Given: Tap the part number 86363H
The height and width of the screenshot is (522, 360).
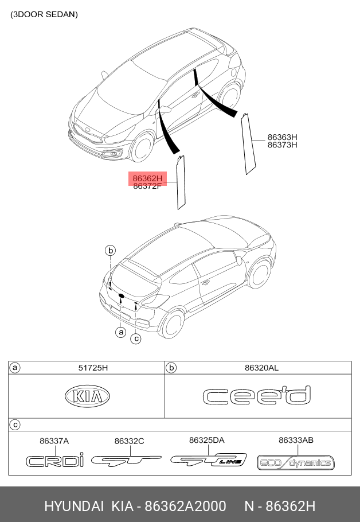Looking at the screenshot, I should point(282,137).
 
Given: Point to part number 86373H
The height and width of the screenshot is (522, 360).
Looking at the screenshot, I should point(282,145).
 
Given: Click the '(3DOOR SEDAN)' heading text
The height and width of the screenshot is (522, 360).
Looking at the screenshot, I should point(44,15).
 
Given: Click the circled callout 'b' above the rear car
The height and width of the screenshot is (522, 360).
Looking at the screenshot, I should point(111,250).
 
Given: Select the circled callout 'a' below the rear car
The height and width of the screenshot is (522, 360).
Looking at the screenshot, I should point(120,332).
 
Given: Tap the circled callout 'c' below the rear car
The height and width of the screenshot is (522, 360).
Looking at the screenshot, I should point(136,338).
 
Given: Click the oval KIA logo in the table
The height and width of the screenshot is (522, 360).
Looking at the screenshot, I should point(87,396).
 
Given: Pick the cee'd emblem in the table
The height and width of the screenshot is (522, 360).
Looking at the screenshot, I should point(257,396).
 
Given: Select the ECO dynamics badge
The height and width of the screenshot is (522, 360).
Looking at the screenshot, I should point(296,462).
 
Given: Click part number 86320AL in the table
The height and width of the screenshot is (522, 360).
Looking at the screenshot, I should point(261,368).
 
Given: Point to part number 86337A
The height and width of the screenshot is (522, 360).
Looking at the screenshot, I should point(54,441).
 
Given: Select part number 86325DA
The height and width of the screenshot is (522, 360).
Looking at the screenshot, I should point(206,440).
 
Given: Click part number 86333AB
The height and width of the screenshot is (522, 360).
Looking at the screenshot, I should point(296,440).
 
